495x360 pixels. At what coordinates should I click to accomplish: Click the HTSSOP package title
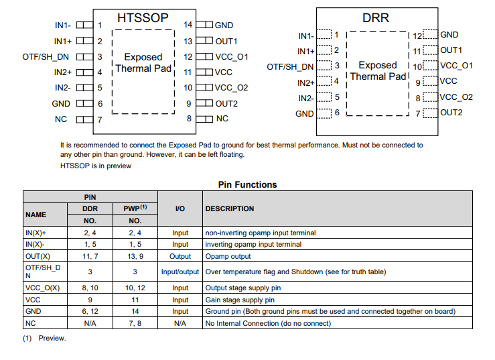coord(143,18)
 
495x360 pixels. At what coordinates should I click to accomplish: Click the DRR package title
coord(376,18)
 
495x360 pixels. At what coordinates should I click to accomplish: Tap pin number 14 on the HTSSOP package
coord(188,25)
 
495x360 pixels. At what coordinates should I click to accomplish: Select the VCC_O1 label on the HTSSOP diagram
coord(232,57)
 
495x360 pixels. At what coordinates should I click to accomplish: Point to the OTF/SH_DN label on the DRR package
coord(290,67)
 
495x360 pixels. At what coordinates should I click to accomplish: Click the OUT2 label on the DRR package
coord(451,113)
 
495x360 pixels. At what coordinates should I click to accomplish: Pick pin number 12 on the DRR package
coord(417,36)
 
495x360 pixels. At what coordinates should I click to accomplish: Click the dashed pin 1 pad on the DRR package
coord(324,34)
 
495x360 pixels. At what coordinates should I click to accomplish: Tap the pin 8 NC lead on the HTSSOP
coord(204,119)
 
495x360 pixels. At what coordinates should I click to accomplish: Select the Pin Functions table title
coord(248,184)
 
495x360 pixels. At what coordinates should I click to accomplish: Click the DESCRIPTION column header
coord(230,208)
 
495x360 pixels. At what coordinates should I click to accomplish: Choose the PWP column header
coord(135,208)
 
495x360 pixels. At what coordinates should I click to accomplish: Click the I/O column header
coord(180,208)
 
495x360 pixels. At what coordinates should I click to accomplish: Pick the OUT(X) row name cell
coord(38,256)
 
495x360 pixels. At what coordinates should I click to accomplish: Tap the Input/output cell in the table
coord(180,272)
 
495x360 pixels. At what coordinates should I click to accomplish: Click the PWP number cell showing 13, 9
coord(135,256)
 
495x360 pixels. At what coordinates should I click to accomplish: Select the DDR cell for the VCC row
coord(90,300)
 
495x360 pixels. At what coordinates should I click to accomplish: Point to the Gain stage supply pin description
coord(240,300)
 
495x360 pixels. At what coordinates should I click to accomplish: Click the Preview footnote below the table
coord(44,338)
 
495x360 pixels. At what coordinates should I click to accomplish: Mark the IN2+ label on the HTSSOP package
coord(63,72)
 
